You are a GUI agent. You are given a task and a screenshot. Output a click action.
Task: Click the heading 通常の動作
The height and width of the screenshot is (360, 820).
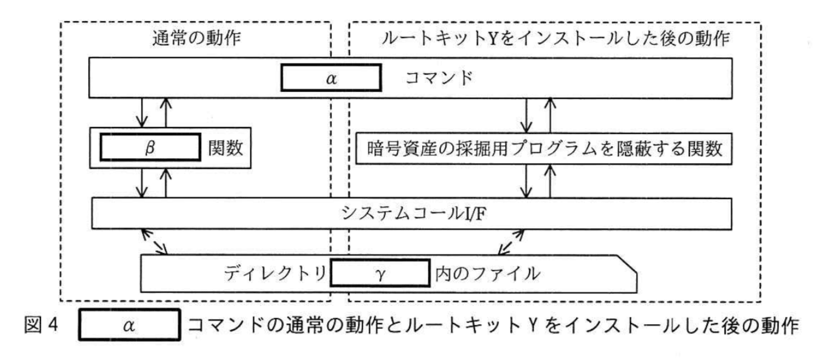(196, 38)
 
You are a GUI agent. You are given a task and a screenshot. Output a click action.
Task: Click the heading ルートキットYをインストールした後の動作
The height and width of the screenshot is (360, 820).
(555, 38)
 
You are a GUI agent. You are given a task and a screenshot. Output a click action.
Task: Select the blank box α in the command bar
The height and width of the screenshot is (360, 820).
(331, 78)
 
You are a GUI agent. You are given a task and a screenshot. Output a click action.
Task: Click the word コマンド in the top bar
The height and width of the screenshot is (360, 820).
(439, 78)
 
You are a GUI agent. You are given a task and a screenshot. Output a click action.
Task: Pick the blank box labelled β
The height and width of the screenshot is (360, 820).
(150, 148)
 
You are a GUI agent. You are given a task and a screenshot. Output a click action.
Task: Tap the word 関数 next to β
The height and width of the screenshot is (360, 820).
(226, 148)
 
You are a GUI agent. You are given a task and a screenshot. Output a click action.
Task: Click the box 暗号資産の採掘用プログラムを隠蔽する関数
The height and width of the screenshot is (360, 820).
(544, 149)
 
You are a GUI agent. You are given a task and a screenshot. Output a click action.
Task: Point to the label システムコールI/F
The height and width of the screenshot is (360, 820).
(413, 213)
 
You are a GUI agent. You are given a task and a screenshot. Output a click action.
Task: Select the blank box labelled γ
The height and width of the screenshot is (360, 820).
(380, 274)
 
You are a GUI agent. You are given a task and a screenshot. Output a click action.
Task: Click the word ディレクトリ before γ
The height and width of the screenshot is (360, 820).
(275, 274)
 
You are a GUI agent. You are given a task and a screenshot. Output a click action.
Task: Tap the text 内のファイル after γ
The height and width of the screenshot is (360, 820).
(487, 274)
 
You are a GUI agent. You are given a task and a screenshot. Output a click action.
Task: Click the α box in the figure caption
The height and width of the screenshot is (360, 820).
(129, 325)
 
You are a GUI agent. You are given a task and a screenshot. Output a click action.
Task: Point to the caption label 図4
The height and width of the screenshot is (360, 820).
(41, 325)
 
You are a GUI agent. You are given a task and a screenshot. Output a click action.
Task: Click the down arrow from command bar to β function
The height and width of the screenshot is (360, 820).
(142, 113)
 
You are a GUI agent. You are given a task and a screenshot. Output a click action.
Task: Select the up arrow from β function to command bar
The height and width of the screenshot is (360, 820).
(166, 113)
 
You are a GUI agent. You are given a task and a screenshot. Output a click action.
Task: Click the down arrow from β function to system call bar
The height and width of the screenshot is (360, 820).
(142, 183)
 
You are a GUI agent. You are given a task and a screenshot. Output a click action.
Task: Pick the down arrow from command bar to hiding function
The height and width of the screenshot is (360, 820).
(526, 115)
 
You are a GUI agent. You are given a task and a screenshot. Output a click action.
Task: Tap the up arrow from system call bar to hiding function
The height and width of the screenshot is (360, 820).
(550, 181)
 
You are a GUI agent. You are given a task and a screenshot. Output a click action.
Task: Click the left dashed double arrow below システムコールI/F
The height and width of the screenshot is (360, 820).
(154, 242)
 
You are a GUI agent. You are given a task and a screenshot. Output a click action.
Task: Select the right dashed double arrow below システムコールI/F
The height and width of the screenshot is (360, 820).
(512, 242)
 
